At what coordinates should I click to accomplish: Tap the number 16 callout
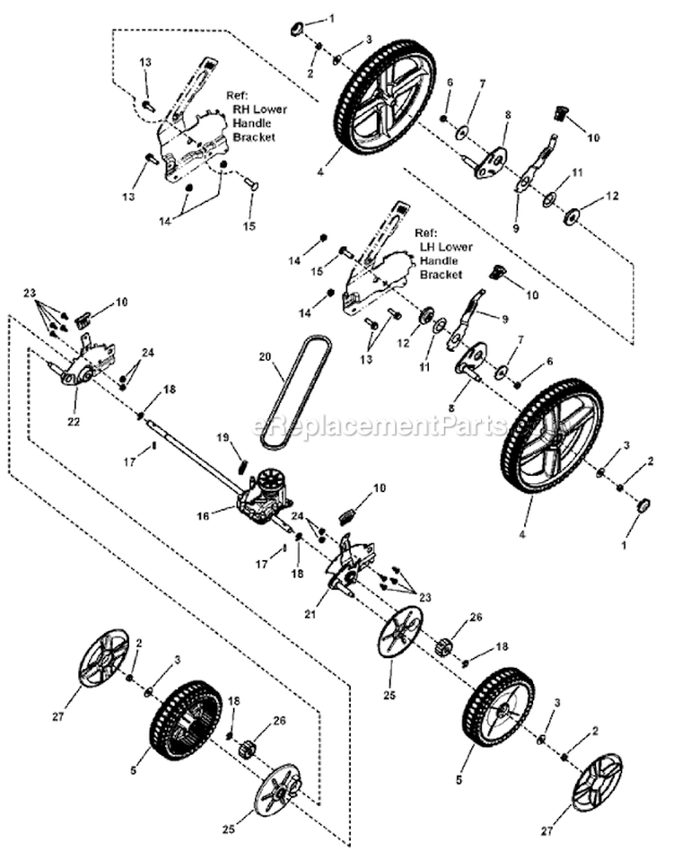click(203, 517)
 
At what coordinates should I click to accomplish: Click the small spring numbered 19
click(241, 464)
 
